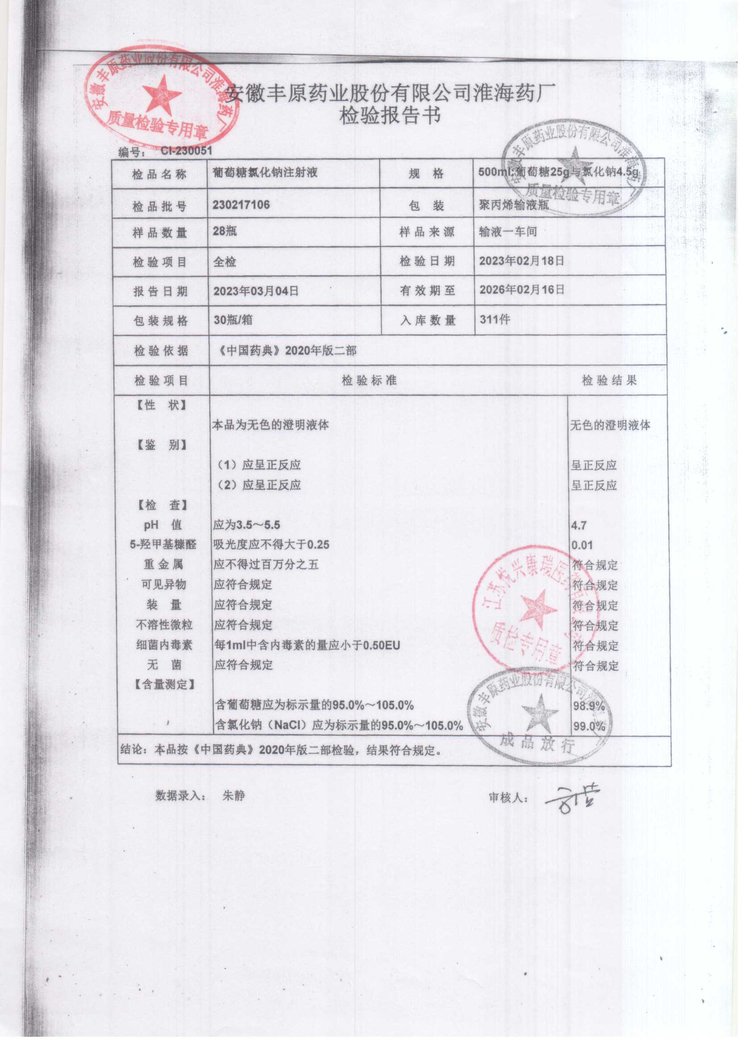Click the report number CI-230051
186,150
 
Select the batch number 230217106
241,205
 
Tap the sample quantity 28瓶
225,231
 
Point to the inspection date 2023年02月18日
522,261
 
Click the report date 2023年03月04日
256,291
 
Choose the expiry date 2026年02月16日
522,290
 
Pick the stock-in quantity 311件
495,319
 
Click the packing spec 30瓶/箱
233,320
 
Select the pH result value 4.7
579,525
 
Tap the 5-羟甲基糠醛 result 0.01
582,545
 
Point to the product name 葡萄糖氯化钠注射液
265,172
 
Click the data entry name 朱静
234,796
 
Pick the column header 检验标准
369,381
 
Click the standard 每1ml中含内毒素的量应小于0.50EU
307,645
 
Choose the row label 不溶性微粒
164,625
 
